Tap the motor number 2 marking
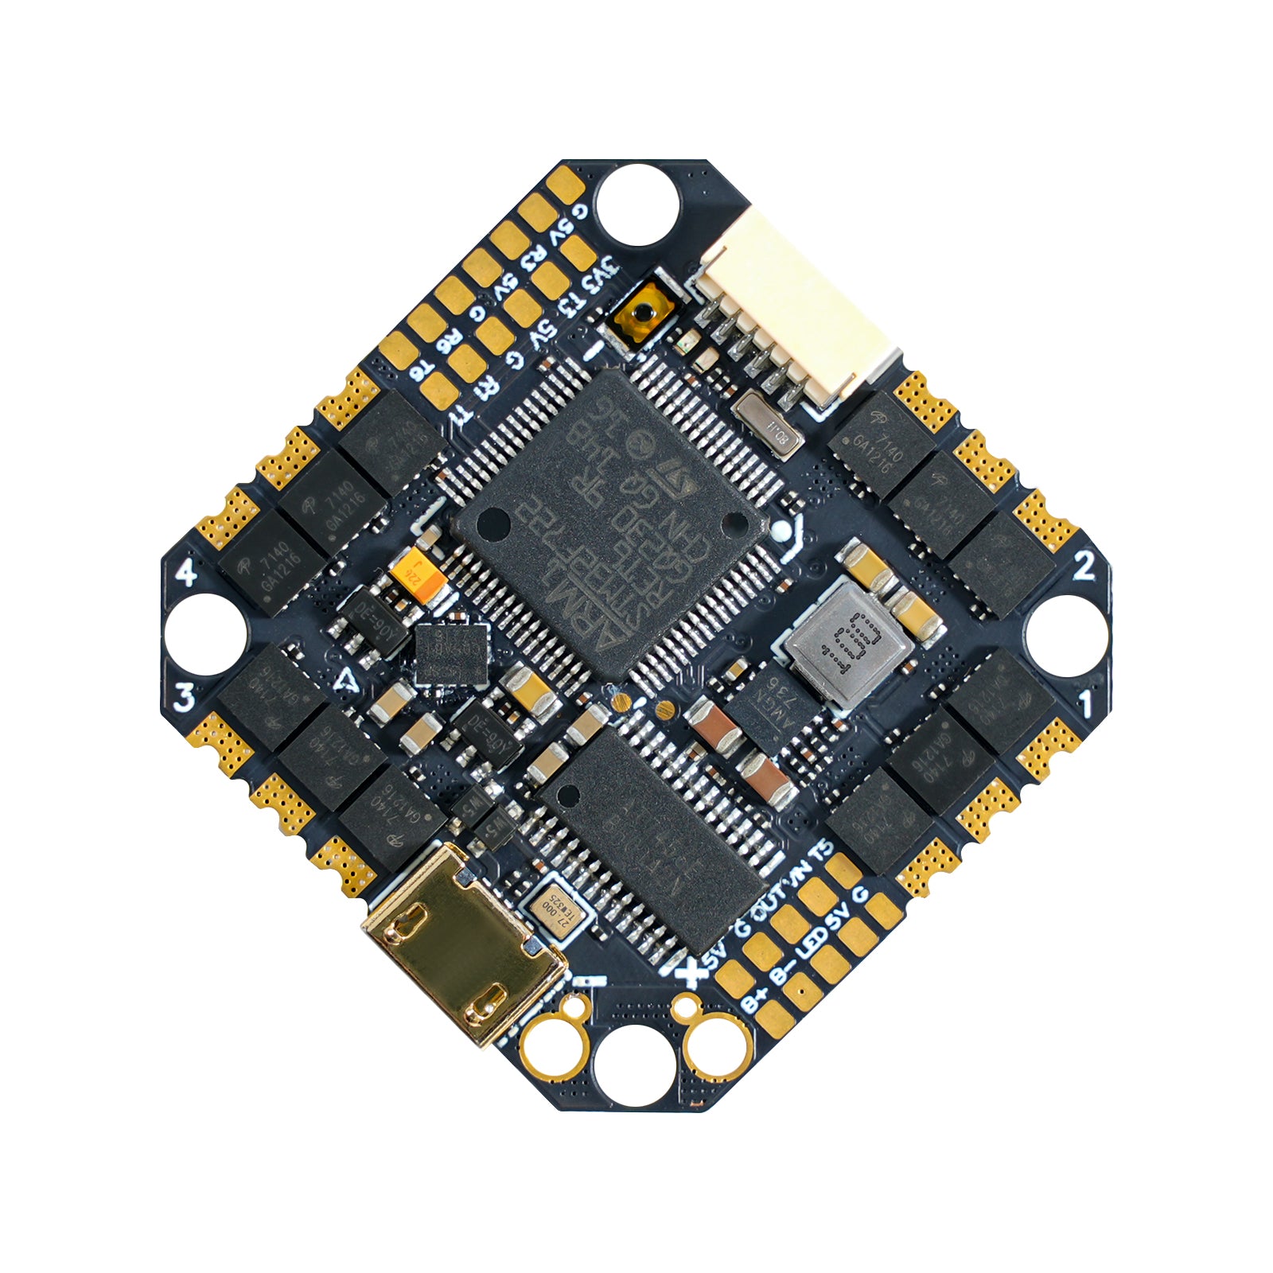click(1084, 566)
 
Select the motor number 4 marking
click(186, 571)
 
